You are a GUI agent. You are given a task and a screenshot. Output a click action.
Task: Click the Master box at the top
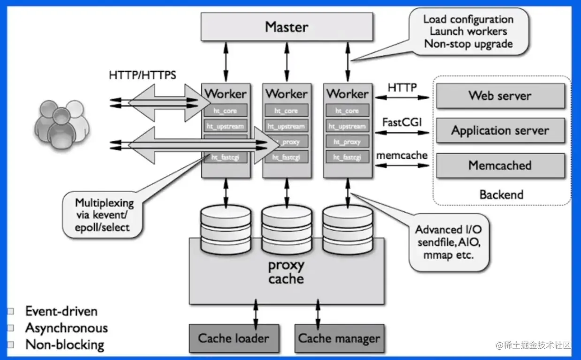click(287, 27)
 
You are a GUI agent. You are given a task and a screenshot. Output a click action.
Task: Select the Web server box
click(500, 96)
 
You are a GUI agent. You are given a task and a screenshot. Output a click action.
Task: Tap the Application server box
click(500, 130)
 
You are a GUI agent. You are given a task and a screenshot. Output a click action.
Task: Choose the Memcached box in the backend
click(500, 165)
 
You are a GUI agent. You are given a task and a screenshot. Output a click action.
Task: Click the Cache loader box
click(234, 338)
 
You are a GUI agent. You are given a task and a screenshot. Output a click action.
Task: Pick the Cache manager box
click(339, 338)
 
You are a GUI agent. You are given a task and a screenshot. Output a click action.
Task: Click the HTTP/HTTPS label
click(143, 75)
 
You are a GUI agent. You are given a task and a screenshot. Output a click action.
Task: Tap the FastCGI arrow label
click(402, 122)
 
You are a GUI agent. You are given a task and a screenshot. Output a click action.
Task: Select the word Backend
click(501, 194)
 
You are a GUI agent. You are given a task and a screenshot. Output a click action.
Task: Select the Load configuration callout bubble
click(468, 31)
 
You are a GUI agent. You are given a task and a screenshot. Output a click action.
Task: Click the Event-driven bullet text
click(61, 311)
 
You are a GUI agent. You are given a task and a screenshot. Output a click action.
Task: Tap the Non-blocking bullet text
click(64, 345)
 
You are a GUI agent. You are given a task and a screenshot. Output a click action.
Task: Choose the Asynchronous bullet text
click(66, 328)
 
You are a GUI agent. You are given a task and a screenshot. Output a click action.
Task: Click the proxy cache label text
click(286, 272)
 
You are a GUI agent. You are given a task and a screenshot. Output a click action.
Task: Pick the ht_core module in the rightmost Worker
click(348, 111)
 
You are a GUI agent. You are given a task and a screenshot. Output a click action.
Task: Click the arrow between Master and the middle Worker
click(287, 61)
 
